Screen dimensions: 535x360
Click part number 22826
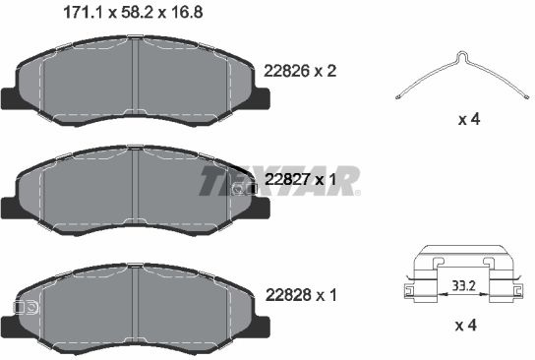click(286, 71)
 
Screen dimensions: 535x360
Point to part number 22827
click(286, 179)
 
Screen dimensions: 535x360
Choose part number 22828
click(288, 295)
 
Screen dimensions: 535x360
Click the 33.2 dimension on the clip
click(463, 285)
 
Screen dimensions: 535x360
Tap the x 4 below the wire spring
click(469, 119)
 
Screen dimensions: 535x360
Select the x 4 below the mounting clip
click(466, 326)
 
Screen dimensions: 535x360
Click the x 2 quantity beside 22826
click(326, 71)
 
